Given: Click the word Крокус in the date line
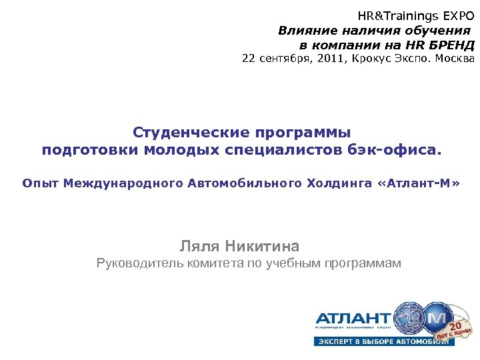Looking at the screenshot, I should pyautogui.click(x=369, y=59).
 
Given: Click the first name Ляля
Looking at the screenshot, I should pyautogui.click(x=201, y=246).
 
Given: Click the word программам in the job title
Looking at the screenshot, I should pyautogui.click(x=363, y=263).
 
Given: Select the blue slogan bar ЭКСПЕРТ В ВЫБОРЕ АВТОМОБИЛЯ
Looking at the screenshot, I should pyautogui.click(x=384, y=341).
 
